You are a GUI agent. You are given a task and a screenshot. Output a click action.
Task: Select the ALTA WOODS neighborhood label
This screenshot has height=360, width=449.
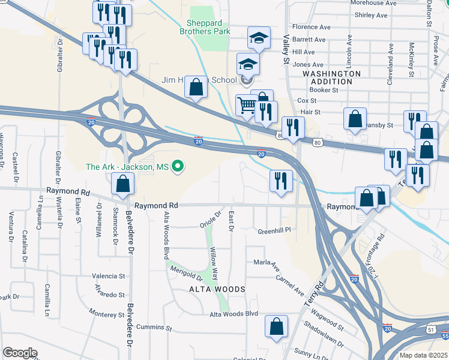[209, 289]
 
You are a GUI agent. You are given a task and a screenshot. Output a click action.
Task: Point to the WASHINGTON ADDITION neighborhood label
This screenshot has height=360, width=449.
[331, 77]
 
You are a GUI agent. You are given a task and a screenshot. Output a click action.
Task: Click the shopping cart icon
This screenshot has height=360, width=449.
[247, 106]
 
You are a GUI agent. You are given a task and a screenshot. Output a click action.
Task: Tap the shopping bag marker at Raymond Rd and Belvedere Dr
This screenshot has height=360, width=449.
[122, 184]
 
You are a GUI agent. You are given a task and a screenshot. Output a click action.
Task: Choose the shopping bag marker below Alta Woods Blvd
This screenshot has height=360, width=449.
[277, 327]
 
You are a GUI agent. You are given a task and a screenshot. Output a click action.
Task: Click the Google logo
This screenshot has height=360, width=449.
[20, 353]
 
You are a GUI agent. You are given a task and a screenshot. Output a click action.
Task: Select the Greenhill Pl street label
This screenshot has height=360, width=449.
[274, 230]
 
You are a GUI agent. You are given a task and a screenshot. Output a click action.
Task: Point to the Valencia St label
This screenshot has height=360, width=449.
[108, 277]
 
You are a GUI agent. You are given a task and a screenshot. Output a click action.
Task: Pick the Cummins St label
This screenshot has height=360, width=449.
[154, 328]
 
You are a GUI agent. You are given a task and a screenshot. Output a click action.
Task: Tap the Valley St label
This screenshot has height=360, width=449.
[286, 49]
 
